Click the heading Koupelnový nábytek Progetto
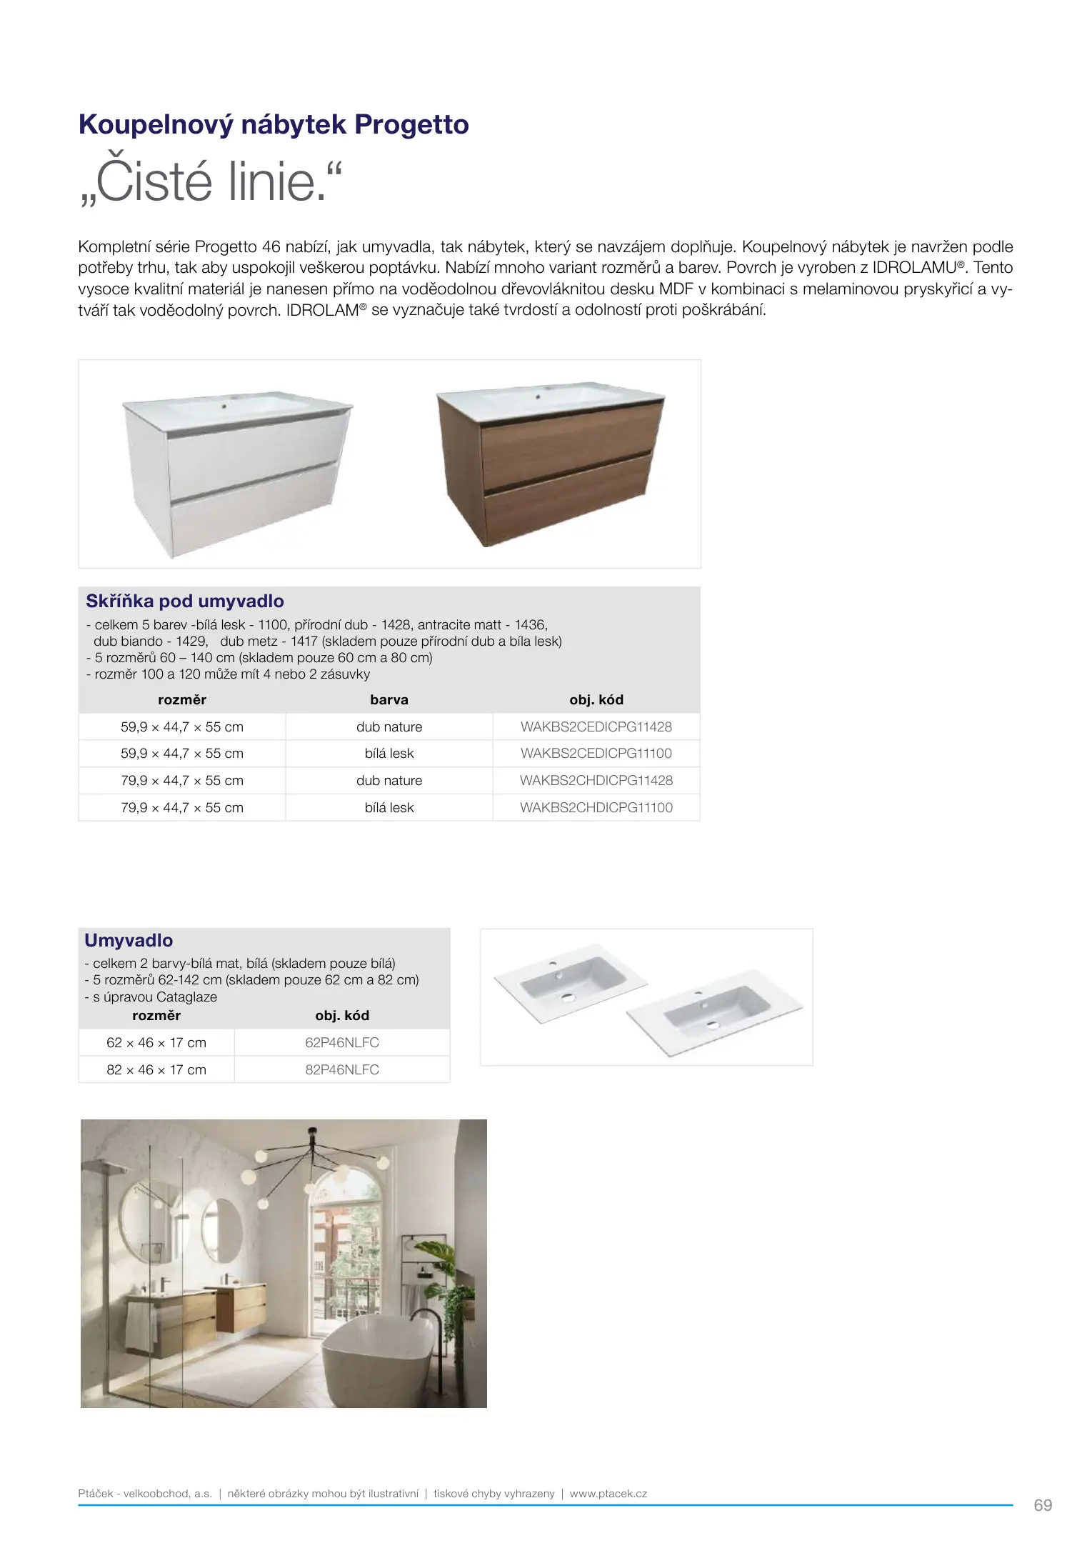click(x=274, y=125)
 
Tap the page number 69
click(x=1042, y=1505)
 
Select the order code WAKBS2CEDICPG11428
click(x=596, y=727)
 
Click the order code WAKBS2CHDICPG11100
click(x=596, y=808)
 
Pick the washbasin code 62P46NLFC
click(x=341, y=1043)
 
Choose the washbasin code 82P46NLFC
click(x=341, y=1070)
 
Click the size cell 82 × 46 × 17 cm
click(x=156, y=1070)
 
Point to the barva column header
click(x=389, y=700)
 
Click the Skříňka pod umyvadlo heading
click(x=185, y=601)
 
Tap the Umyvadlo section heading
click(x=129, y=941)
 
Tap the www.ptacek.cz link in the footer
click(x=608, y=1494)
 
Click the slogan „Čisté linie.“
click(x=211, y=182)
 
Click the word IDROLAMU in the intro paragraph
click(x=913, y=268)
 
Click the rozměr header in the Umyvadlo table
click(x=156, y=1016)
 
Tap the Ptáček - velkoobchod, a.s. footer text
click(x=145, y=1494)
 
